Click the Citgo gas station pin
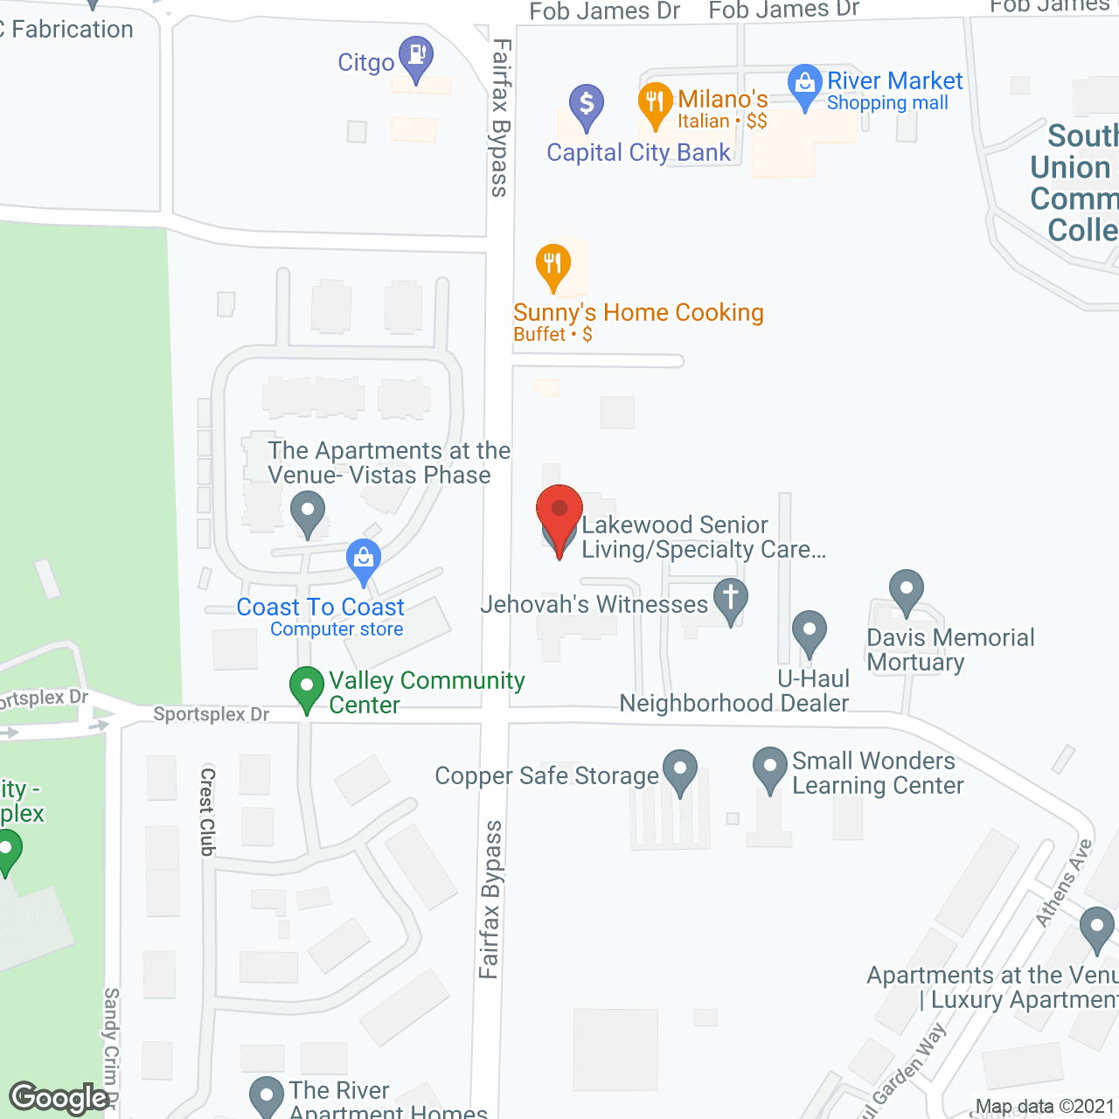(x=416, y=56)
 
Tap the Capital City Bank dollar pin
(x=587, y=105)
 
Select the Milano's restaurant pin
(x=655, y=103)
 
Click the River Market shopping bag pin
(x=804, y=85)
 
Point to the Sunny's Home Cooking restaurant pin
(x=553, y=264)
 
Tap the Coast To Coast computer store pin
(x=364, y=559)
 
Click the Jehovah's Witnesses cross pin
(x=731, y=599)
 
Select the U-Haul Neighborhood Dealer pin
(x=810, y=631)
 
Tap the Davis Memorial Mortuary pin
(x=907, y=590)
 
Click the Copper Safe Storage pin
(x=680, y=770)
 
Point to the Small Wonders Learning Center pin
(x=770, y=767)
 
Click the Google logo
(x=59, y=1098)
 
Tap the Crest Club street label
(x=208, y=811)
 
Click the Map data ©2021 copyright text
(x=1044, y=1107)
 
